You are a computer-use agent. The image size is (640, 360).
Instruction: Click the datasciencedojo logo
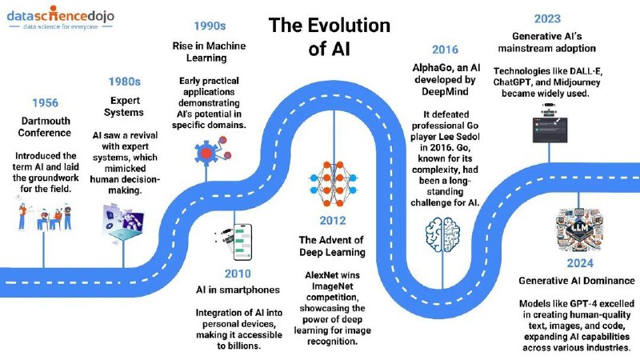61,17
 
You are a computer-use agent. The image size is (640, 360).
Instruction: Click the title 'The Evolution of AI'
330,37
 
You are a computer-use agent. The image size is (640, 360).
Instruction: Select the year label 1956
46,103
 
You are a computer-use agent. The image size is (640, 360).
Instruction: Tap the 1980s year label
125,82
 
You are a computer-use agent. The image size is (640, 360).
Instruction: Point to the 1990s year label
210,26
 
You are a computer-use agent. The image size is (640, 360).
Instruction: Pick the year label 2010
238,274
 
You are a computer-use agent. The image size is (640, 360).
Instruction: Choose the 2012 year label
333,221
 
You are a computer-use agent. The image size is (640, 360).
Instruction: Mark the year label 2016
445,50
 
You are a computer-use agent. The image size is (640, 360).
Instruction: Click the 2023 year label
547,18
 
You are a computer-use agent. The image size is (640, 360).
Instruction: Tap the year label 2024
579,263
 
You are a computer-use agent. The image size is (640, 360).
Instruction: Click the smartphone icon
234,242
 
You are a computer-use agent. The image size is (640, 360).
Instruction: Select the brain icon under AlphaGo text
443,234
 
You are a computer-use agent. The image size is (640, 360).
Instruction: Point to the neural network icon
333,184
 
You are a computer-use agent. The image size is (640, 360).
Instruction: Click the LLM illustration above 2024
579,230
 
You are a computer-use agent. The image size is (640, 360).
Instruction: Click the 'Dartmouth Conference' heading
45,127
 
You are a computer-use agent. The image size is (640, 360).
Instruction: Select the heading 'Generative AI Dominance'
577,281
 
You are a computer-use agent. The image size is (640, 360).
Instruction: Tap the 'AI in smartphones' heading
238,290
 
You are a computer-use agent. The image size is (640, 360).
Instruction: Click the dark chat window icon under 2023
550,130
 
